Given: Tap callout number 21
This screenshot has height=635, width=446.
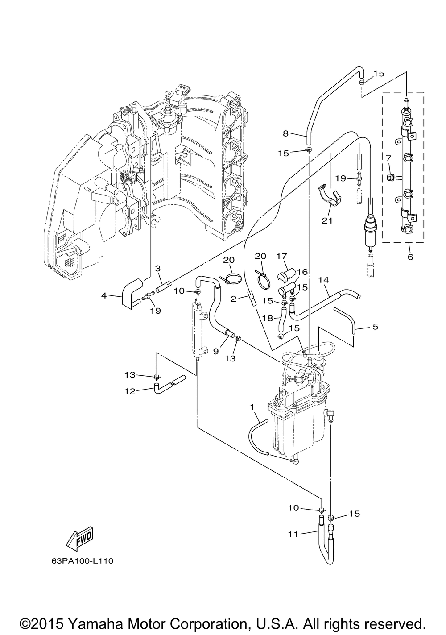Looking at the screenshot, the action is click(327, 220).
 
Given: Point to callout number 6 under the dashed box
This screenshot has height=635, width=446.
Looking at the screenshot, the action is click(410, 257).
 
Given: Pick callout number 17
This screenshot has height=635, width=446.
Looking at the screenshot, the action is click(282, 256).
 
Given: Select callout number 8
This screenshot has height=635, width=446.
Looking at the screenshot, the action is click(285, 133).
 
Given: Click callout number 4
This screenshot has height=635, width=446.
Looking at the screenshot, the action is click(104, 296).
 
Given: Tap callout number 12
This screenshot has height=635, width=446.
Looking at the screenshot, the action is click(130, 391).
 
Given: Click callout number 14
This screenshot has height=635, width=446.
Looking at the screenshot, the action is click(323, 280).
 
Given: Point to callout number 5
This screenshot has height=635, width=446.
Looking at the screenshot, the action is click(375, 327).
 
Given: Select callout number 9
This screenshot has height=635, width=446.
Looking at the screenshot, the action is click(215, 351).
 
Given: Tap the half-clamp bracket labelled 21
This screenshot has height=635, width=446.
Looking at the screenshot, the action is click(330, 195).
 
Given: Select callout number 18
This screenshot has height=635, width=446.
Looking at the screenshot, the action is click(268, 318).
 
